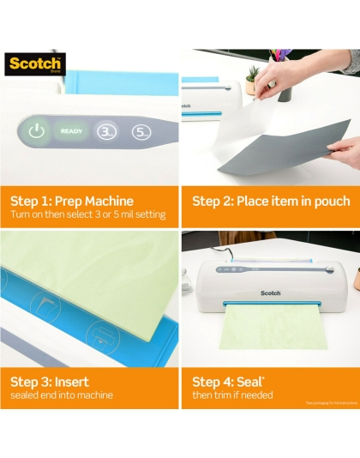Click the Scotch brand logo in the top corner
click(34, 65)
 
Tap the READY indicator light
click(71, 132)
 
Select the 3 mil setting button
click(105, 132)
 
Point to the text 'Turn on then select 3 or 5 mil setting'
click(88, 214)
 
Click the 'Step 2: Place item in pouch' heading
click(270, 201)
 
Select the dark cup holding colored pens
click(285, 86)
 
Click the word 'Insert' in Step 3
click(70, 381)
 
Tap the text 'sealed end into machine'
click(62, 395)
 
